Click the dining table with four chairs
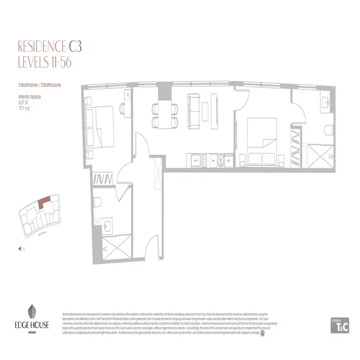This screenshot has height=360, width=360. [165, 115]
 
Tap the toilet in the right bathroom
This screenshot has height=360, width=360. [328, 130]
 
